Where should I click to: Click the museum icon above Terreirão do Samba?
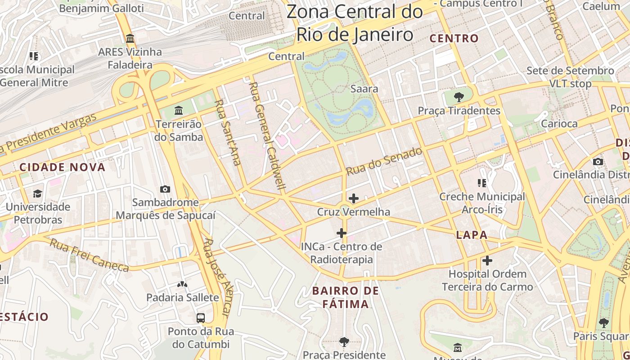point(179,110)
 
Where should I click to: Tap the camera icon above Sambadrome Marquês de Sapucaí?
point(165,189)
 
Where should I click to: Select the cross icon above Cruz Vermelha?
point(354,198)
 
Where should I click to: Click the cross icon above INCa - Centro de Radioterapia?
point(342,233)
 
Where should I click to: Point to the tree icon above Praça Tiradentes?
point(459,97)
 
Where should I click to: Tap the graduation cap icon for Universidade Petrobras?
point(37,193)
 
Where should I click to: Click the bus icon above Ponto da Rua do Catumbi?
point(201,318)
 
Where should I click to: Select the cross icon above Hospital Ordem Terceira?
point(487,261)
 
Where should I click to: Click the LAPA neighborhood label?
point(472,235)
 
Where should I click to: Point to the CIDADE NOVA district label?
point(62,167)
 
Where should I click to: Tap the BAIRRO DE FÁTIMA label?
point(346,297)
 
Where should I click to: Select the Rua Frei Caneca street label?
point(89,256)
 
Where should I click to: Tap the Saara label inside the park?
point(364,89)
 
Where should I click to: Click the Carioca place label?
point(559,124)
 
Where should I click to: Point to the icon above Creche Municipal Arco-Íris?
point(482,183)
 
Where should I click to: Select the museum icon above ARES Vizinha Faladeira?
point(130,39)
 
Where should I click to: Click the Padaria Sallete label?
point(183,297)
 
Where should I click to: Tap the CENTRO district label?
point(454,39)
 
